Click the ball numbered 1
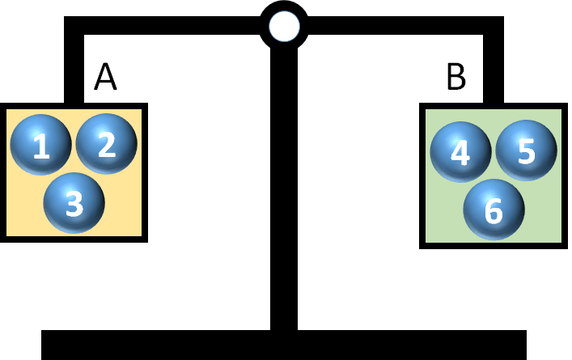pyautogui.click(x=40, y=145)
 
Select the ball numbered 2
pyautogui.click(x=107, y=143)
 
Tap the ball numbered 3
pyautogui.click(x=74, y=202)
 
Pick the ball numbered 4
pyautogui.click(x=460, y=152)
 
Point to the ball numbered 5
pyautogui.click(x=526, y=150)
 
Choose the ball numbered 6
pyautogui.click(x=494, y=210)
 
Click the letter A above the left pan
pyautogui.click(x=106, y=78)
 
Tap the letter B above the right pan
pyautogui.click(x=456, y=78)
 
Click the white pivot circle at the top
pyautogui.click(x=284, y=27)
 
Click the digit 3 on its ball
pyautogui.click(x=74, y=204)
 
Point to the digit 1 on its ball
pyautogui.click(x=40, y=146)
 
